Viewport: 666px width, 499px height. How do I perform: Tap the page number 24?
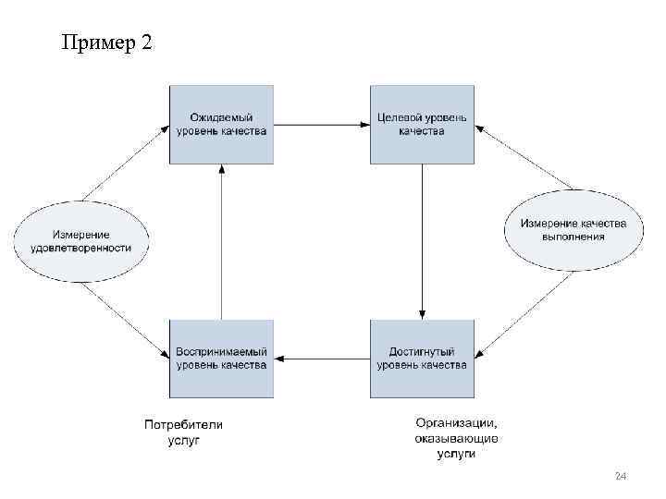(621, 476)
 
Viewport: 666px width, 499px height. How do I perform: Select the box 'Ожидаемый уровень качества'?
(221, 124)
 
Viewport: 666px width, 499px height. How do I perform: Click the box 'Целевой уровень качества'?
(422, 124)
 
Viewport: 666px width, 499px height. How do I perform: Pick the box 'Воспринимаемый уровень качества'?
(221, 359)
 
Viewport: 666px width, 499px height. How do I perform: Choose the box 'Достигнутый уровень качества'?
(422, 359)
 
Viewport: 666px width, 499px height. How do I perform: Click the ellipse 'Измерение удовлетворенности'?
(80, 241)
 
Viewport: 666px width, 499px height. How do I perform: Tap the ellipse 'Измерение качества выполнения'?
(573, 230)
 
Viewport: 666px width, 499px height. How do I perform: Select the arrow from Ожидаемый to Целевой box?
(322, 124)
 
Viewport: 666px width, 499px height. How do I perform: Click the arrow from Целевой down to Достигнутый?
(422, 240)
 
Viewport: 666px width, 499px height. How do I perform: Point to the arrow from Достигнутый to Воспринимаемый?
(322, 359)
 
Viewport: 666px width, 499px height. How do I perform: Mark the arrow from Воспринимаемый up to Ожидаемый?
(221, 240)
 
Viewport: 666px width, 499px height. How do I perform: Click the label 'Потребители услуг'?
(183, 432)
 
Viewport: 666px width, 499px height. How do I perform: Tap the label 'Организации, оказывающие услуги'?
(457, 438)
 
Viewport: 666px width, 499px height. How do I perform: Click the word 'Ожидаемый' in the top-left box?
(221, 117)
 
